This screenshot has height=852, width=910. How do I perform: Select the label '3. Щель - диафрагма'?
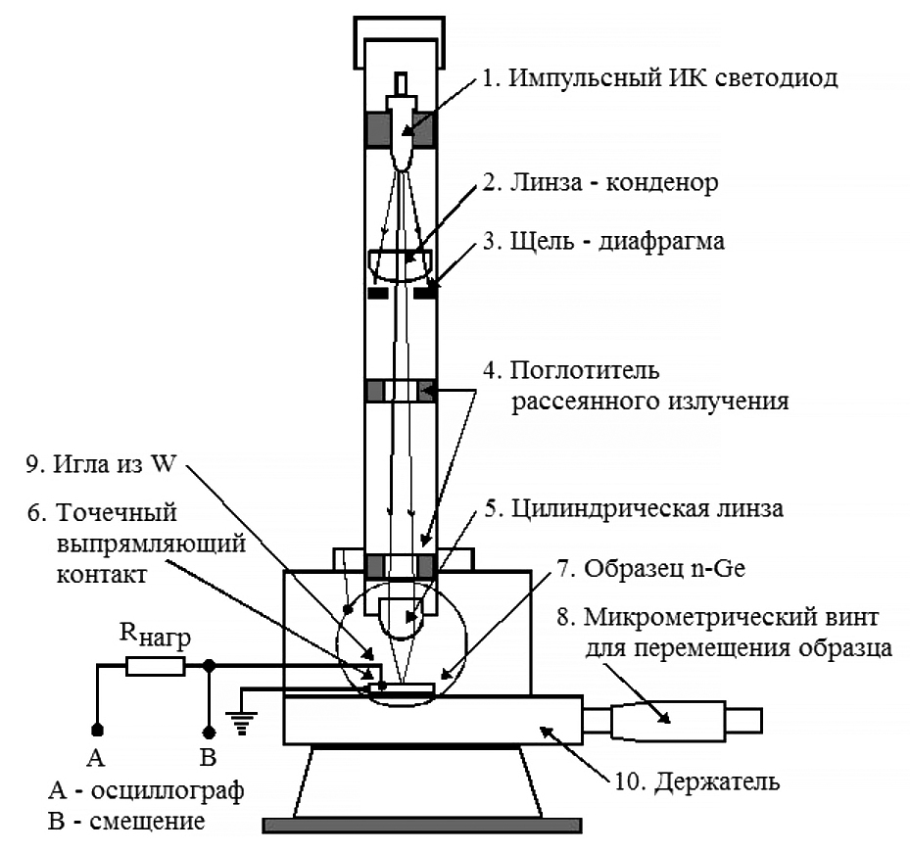617,240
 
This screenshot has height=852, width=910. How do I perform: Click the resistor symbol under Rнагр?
155,667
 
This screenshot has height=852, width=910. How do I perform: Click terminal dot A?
97,730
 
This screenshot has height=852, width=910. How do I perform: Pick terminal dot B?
208,730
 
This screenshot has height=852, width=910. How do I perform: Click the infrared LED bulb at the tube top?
402,142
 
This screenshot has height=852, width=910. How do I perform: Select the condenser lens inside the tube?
402,262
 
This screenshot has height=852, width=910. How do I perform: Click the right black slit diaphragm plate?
426,292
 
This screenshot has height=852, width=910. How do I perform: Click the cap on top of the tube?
402,29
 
